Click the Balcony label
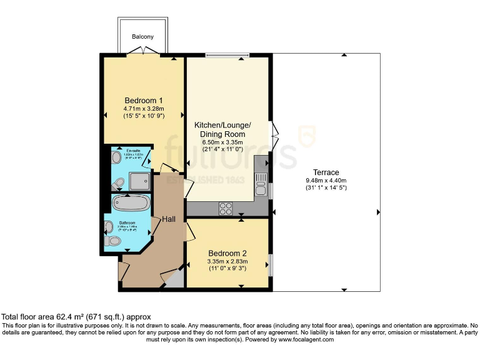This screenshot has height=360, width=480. point(142,37)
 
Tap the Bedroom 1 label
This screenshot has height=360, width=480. point(144,101)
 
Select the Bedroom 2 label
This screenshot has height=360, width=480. point(228,253)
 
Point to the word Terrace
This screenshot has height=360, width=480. point(326,172)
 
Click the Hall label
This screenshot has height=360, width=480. point(169,219)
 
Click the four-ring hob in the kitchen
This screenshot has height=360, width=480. point(225,208)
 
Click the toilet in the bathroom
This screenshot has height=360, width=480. point(113,240)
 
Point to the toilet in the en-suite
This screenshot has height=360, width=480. point(118,182)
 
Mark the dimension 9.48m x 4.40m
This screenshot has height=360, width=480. point(326,181)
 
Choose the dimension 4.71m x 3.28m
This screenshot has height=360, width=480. point(144,109)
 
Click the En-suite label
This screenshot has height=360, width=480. point(132,151)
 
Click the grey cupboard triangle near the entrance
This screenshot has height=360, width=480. point(176,279)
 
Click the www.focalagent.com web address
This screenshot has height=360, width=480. point(302,340)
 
